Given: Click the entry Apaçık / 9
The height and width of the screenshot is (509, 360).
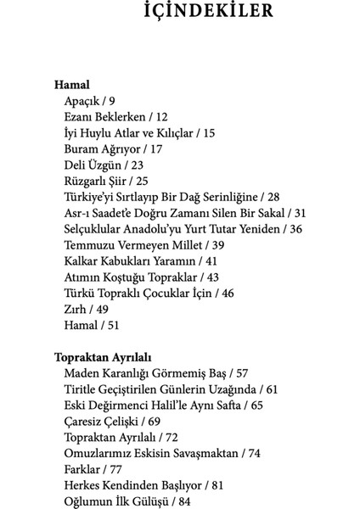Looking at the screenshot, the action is click(x=89, y=101).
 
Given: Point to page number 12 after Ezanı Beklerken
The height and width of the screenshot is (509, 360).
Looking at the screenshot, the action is click(x=162, y=117).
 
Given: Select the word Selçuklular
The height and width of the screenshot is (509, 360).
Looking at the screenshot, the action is click(x=95, y=229).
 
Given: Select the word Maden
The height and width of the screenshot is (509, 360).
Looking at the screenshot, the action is click(x=81, y=372).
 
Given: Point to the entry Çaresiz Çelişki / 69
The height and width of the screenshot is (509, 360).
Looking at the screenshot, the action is click(x=112, y=420).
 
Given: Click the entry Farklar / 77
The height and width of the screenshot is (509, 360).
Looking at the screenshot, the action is click(x=93, y=468).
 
